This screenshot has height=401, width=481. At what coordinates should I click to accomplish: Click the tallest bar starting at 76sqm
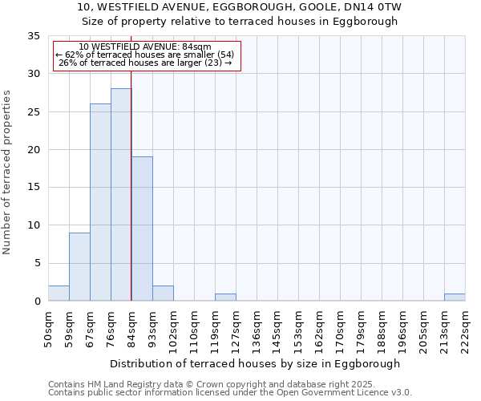tap(121, 195)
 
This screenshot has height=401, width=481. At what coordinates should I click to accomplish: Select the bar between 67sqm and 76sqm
tap(100, 202)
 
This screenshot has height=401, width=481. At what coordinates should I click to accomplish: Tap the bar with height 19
tap(142, 229)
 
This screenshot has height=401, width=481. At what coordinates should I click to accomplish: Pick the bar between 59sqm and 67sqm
tap(79, 266)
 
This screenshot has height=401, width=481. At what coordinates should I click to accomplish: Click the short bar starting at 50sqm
tap(59, 294)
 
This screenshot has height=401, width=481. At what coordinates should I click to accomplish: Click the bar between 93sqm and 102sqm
tap(163, 294)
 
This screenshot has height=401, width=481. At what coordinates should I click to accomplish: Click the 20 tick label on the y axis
tap(33, 150)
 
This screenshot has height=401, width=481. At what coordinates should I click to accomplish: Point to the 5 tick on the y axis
tap(36, 263)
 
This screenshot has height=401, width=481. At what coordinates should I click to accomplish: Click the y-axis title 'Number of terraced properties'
tap(7, 172)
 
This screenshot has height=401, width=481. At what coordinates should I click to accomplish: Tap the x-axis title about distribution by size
tap(255, 363)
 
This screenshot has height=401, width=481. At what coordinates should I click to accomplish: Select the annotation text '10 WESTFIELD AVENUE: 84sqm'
tap(145, 47)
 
